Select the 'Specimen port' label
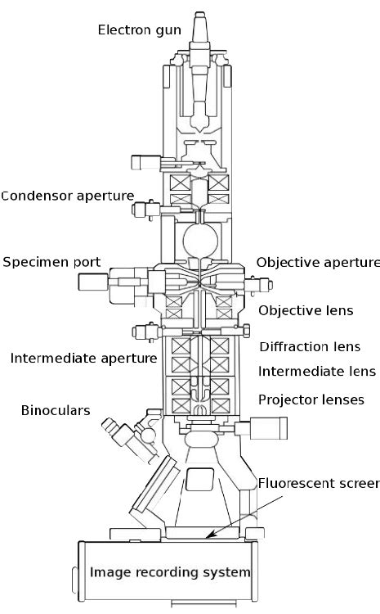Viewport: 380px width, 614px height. pyautogui.click(x=51, y=262)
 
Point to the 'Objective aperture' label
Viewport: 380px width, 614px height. pyautogui.click(x=318, y=262)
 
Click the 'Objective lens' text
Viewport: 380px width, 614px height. pyautogui.click(x=305, y=310)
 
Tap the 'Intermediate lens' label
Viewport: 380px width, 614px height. pyautogui.click(x=316, y=372)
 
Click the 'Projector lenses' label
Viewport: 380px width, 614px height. pyautogui.click(x=311, y=399)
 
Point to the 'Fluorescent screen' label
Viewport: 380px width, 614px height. pyautogui.click(x=319, y=483)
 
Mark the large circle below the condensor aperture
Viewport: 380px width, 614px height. pyautogui.click(x=199, y=241)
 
